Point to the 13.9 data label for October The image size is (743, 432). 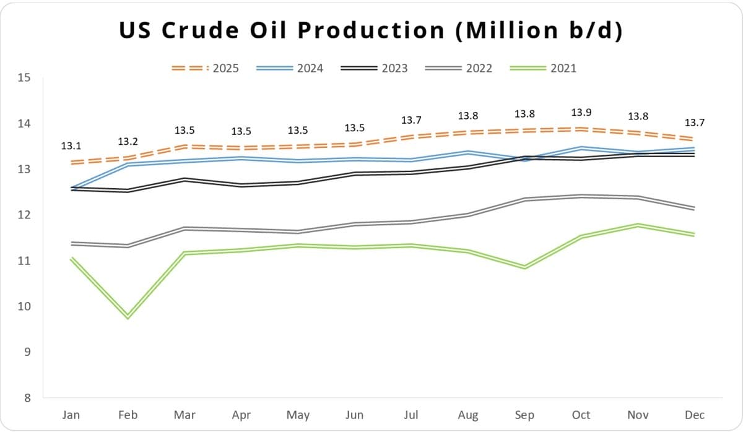tap(581, 112)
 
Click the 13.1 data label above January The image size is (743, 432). tap(71, 146)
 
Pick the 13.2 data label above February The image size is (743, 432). tap(128, 142)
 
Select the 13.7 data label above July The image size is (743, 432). tap(411, 119)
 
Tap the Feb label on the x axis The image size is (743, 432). tap(128, 415)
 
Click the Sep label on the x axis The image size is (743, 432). tap(524, 415)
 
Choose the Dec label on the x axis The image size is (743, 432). tap(694, 415)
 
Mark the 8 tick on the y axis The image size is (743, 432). tap(27, 398)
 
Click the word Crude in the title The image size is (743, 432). tap(198, 30)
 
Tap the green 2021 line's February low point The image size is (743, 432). tap(128, 316)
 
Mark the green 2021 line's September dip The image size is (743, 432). tap(524, 267)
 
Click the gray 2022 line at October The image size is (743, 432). tap(581, 196)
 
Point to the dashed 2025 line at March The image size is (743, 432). tap(184, 147)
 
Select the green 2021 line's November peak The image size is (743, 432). tap(638, 225)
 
